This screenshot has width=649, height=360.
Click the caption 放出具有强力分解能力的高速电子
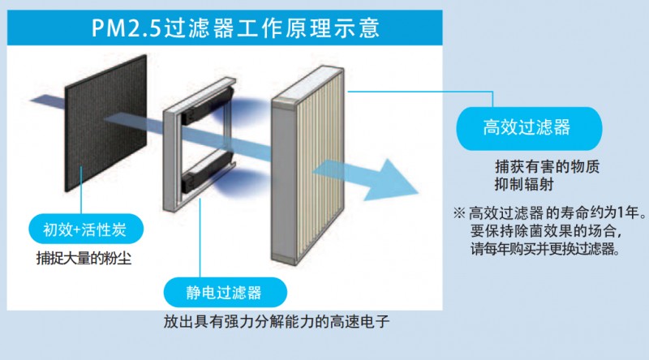[x=277, y=322]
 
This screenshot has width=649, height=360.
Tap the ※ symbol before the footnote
[x=458, y=214]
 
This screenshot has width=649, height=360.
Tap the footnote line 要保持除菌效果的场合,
[x=546, y=233]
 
